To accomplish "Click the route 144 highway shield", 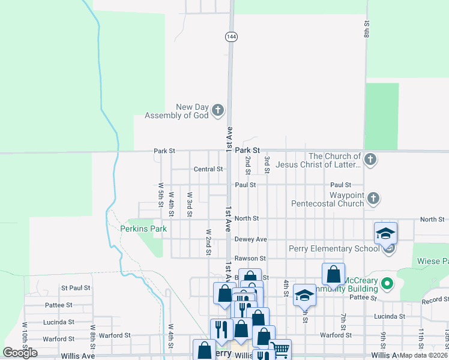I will click(231, 37).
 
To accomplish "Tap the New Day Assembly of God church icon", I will click(217, 110).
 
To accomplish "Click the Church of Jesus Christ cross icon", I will click(371, 160).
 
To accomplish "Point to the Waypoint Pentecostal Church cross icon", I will click(373, 198).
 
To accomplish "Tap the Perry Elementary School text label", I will click(334, 248).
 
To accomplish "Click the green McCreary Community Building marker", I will click(388, 282).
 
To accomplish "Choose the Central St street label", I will click(208, 169).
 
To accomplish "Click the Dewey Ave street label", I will click(250, 239).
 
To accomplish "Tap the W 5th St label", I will click(161, 194).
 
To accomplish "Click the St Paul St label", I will click(75, 288).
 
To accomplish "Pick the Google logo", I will click(20, 353).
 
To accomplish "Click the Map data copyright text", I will click(424, 356).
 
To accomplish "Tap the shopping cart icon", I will click(280, 349).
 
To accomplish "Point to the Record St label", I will click(435, 299).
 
